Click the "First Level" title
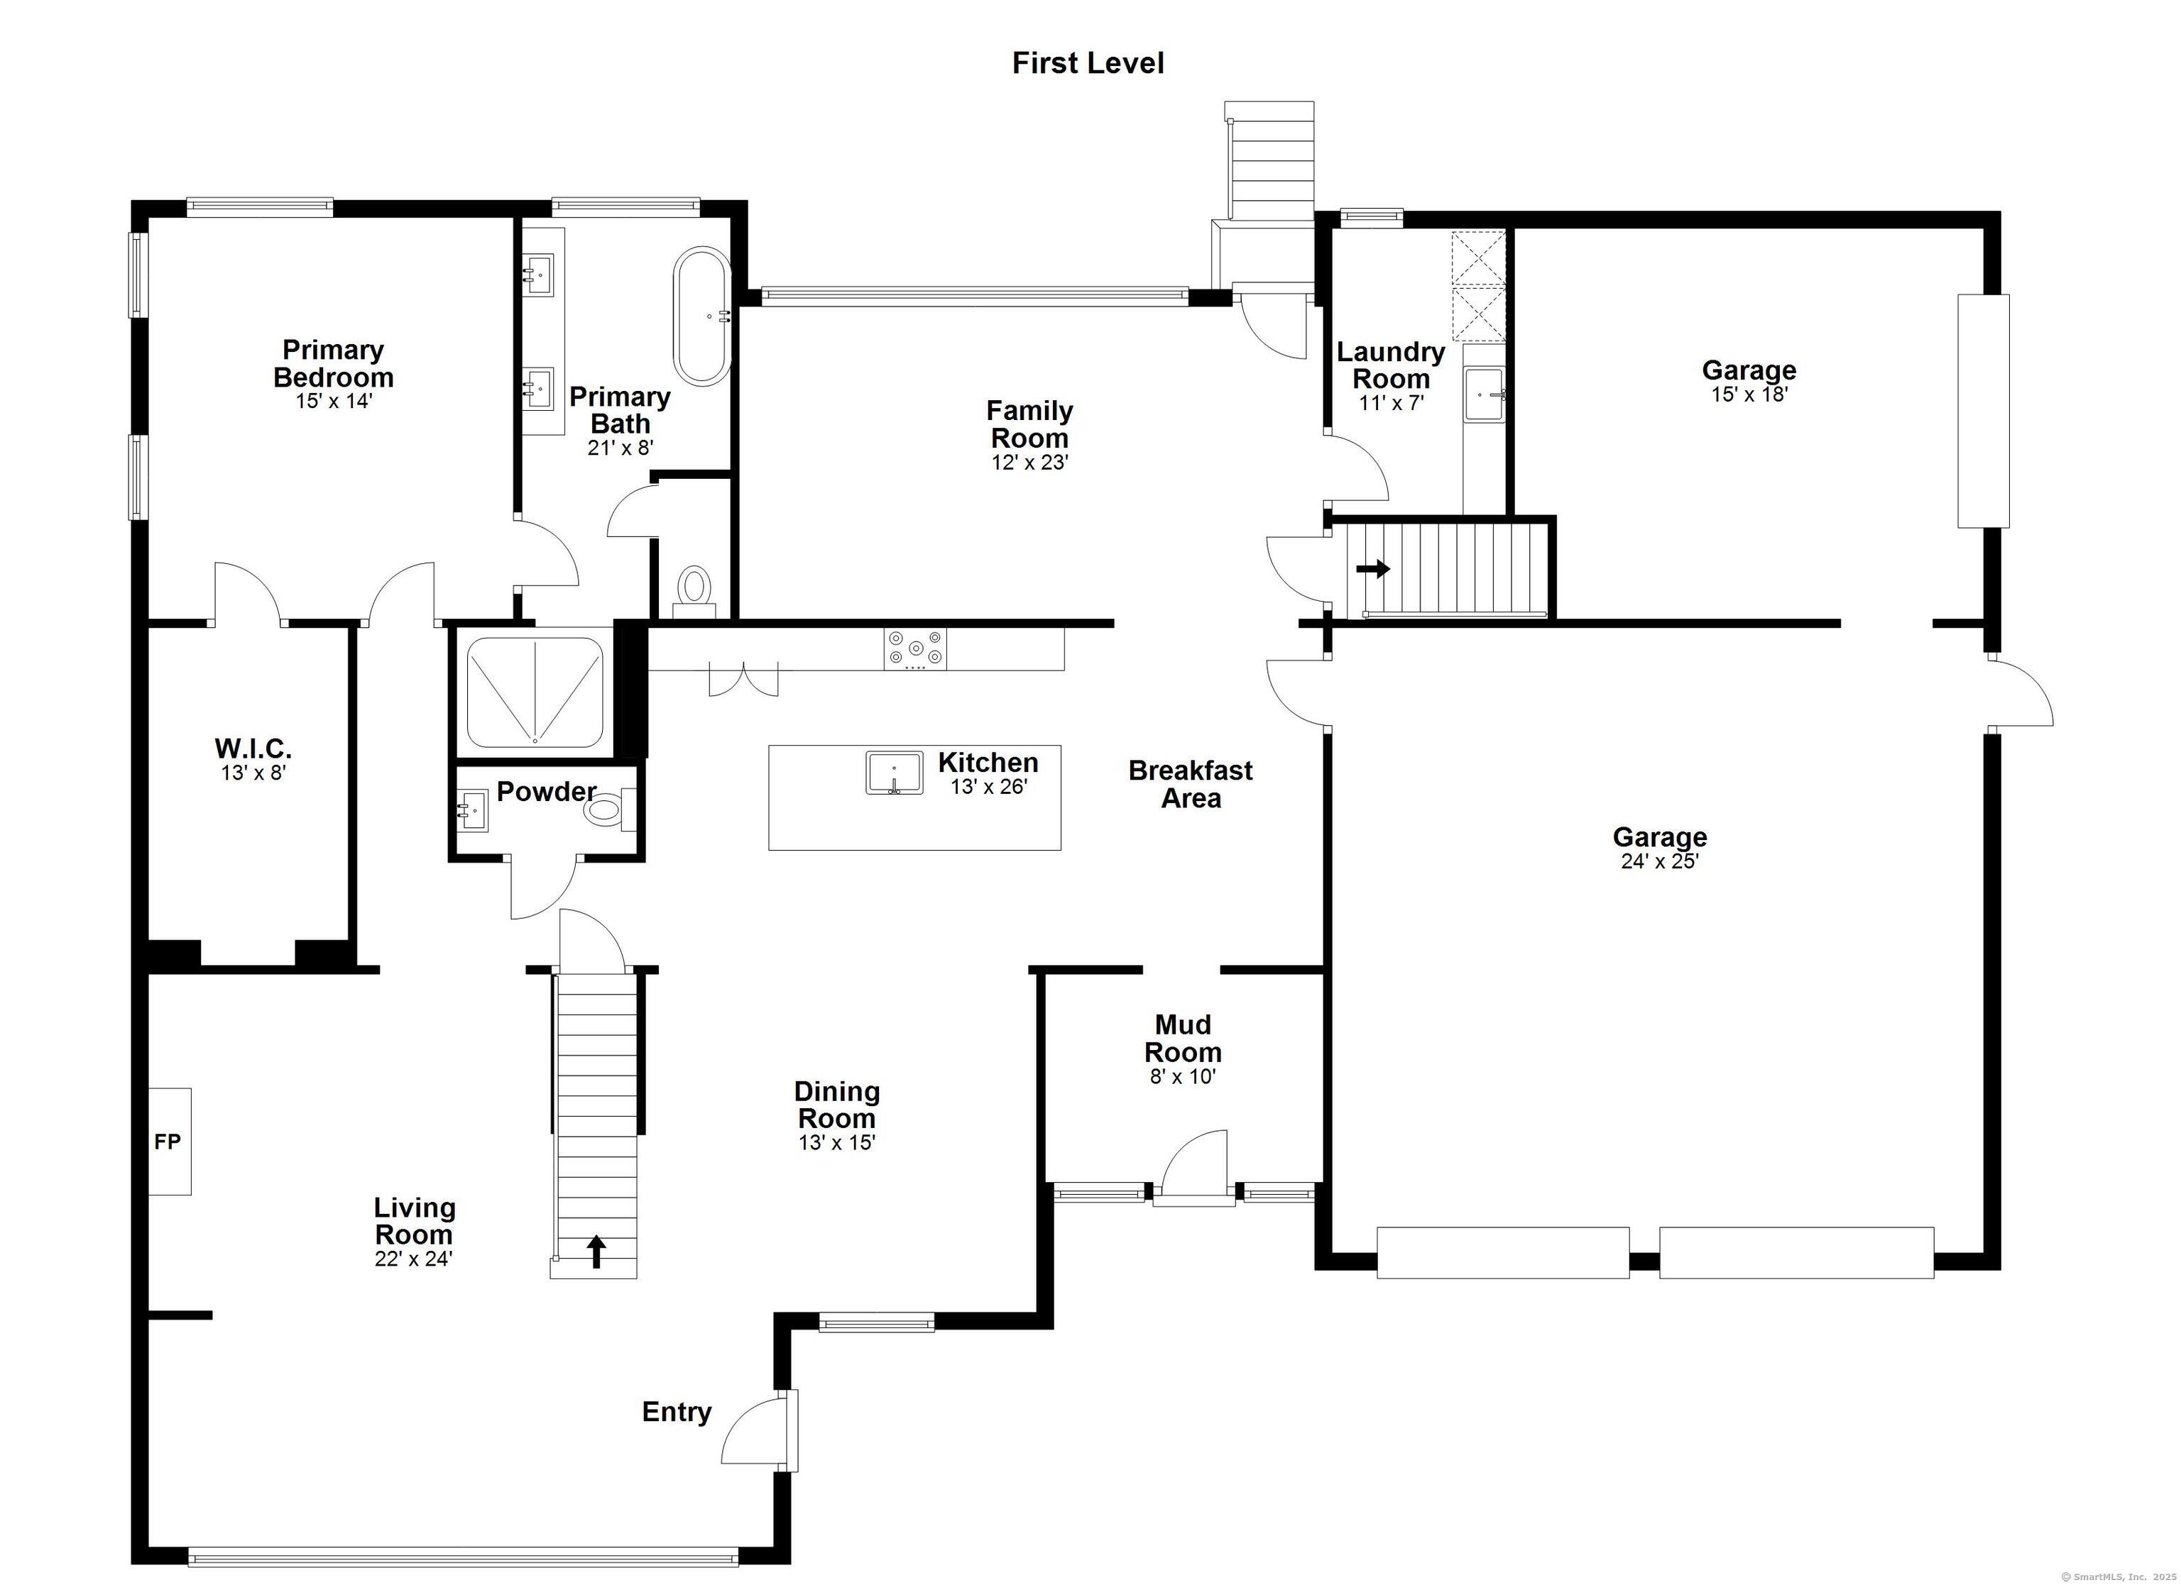point(1088,63)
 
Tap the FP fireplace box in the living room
point(169,1141)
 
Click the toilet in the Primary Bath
point(694,590)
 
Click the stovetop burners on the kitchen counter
point(915,648)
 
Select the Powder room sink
point(473,810)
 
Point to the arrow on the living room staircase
point(596,1252)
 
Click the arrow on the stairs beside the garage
point(1373,569)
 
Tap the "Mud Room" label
point(1183,1038)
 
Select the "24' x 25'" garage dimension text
point(1660,861)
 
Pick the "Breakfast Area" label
point(1191,784)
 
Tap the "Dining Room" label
point(836,1105)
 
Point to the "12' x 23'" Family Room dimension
point(1030,463)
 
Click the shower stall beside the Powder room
point(534,690)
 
